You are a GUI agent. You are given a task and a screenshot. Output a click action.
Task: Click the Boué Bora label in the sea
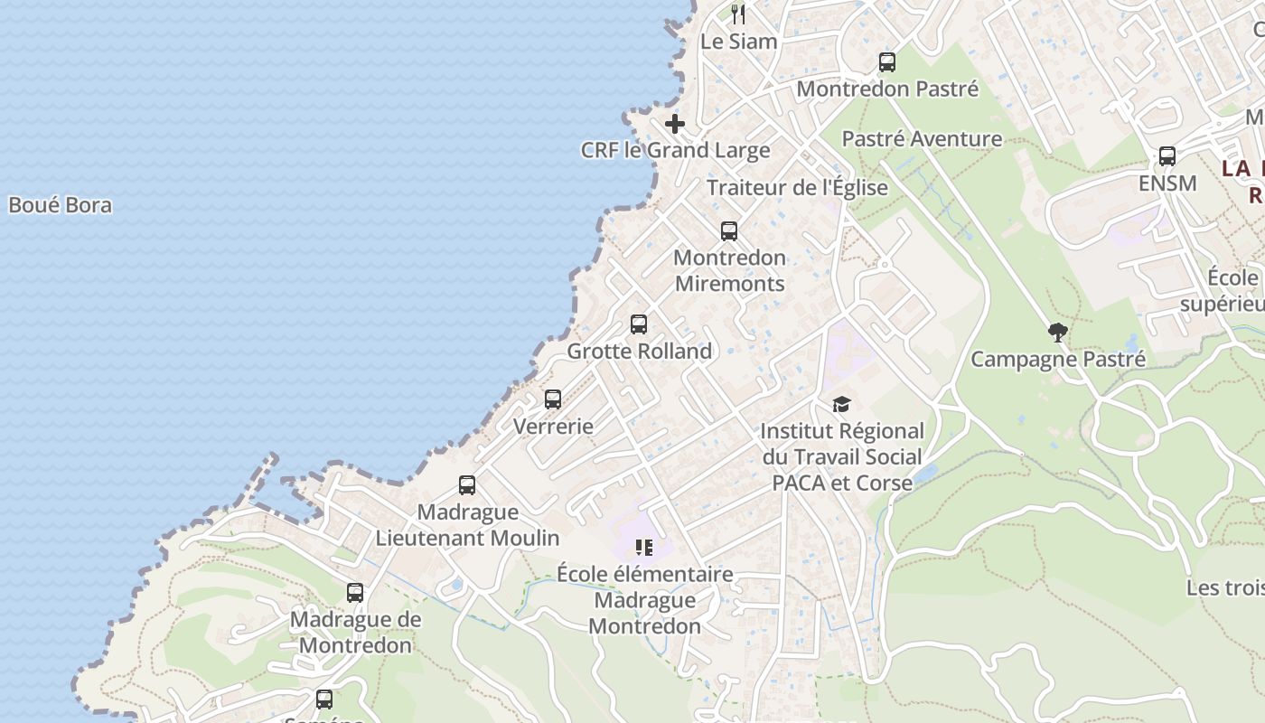coord(60,205)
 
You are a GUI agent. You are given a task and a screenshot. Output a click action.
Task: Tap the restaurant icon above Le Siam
coord(738,14)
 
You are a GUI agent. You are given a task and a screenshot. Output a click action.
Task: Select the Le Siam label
coord(738,41)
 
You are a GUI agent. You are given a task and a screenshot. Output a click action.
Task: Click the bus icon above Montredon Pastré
coord(887,62)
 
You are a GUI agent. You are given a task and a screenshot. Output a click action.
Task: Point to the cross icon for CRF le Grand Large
coord(675,124)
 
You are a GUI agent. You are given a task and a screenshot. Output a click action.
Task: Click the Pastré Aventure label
coord(922,138)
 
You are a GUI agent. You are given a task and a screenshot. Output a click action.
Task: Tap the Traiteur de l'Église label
coord(797,188)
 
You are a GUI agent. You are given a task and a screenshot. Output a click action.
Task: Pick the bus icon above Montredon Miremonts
coord(729,231)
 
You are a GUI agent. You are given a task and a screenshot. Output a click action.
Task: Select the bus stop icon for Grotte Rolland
coord(639,324)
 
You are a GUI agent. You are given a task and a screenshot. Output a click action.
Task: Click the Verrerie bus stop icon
coord(553,399)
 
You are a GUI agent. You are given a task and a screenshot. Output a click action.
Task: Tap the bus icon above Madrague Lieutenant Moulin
coord(467,485)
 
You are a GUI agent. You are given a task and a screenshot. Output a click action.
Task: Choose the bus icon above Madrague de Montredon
coord(355,594)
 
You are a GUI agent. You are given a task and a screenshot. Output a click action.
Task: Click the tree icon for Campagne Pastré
coord(1057,333)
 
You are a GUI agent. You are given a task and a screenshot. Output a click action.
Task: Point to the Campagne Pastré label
coord(1057,359)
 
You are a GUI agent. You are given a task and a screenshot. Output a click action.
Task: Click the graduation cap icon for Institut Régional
coord(841,404)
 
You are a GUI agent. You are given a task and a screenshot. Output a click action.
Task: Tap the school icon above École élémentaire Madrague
coord(643,547)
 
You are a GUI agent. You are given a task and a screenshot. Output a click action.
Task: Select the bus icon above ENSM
coord(1167,156)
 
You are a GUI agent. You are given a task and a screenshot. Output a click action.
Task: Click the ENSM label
coord(1167,183)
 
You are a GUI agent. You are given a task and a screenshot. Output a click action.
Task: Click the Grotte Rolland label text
coord(639,351)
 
